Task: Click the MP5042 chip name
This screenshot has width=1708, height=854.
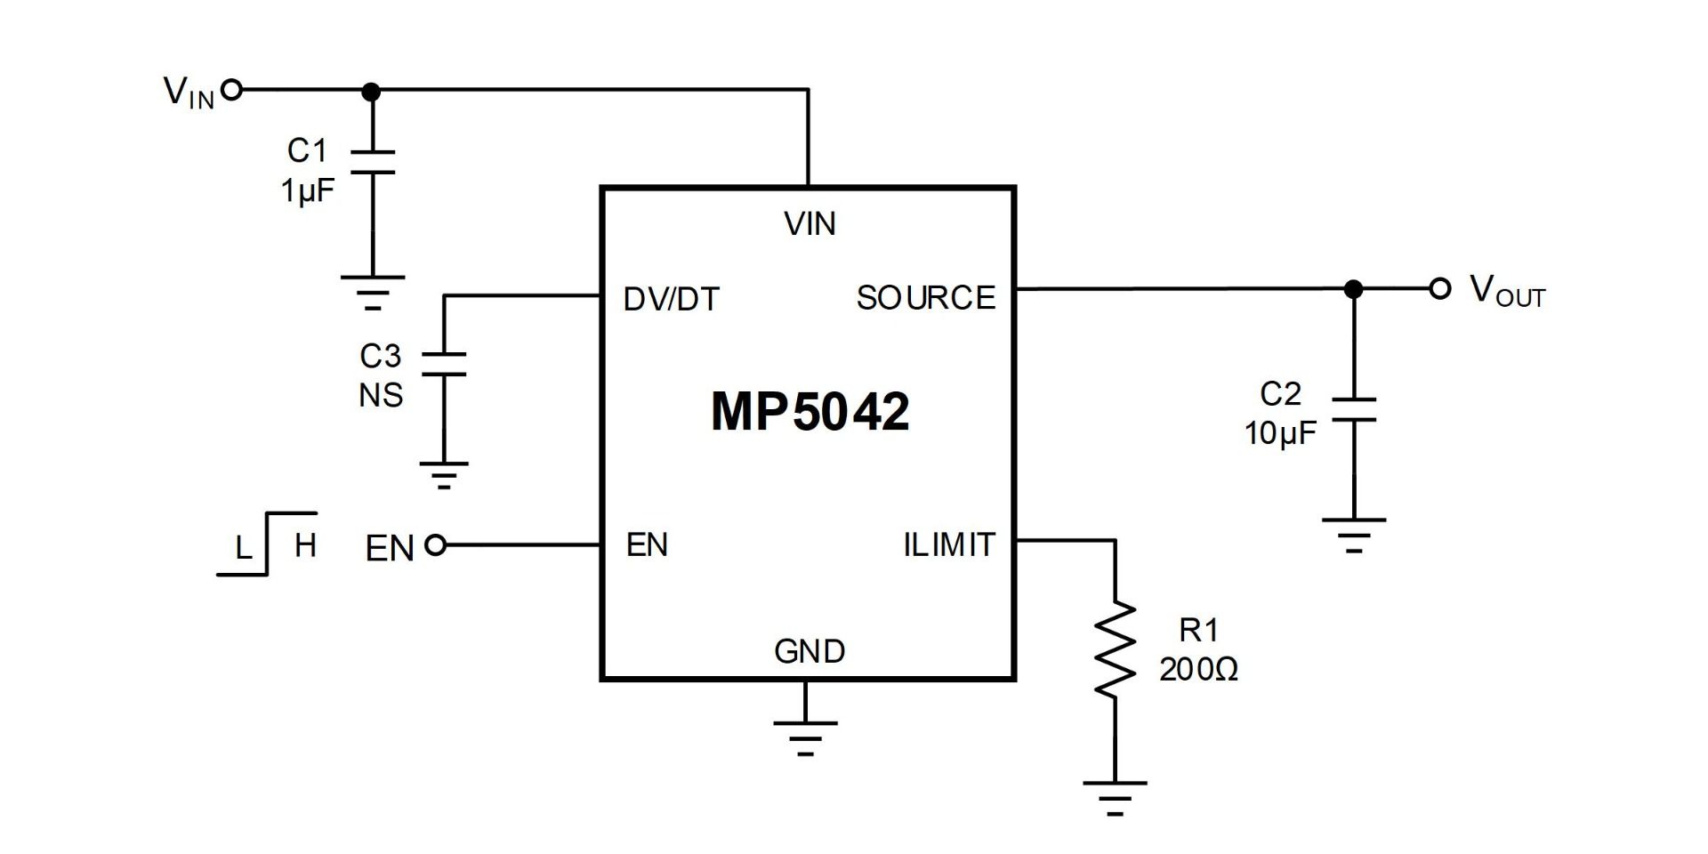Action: pyautogui.click(x=810, y=411)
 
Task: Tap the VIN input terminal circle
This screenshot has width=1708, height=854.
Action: pyautogui.click(x=231, y=90)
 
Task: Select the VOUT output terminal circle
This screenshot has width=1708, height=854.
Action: pyautogui.click(x=1439, y=289)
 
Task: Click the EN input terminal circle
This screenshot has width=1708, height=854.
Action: pyautogui.click(x=435, y=544)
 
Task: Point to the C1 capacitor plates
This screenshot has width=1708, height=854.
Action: pyautogui.click(x=372, y=162)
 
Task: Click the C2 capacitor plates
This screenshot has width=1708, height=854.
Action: pyautogui.click(x=1353, y=410)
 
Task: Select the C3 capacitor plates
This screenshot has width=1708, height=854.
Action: pyautogui.click(x=443, y=364)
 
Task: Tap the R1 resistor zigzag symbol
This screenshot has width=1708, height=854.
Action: pyautogui.click(x=1114, y=649)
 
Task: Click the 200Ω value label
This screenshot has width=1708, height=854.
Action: pyautogui.click(x=1198, y=670)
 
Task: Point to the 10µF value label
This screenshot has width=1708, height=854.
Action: pyautogui.click(x=1279, y=433)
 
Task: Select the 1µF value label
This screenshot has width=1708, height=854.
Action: pyautogui.click(x=308, y=190)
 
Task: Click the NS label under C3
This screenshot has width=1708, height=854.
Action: pyautogui.click(x=381, y=395)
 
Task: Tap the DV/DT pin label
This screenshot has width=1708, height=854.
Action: pyautogui.click(x=671, y=300)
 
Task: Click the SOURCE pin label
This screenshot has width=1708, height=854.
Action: pyautogui.click(x=925, y=298)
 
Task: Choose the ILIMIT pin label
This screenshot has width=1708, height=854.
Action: pyautogui.click(x=948, y=544)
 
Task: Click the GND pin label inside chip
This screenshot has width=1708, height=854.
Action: pyautogui.click(x=809, y=652)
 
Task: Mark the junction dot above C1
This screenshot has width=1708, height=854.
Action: pyautogui.click(x=372, y=91)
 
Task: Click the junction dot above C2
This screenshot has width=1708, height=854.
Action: pyautogui.click(x=1353, y=289)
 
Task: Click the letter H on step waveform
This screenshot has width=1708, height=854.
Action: pyautogui.click(x=305, y=545)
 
